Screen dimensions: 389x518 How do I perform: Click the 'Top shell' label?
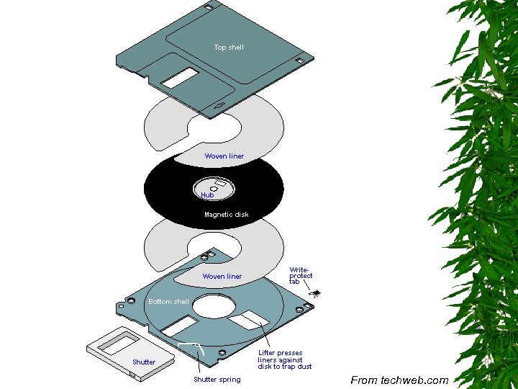(x=229, y=48)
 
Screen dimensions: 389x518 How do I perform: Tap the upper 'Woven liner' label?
(x=224, y=156)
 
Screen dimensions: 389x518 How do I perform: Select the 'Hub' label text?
(x=207, y=195)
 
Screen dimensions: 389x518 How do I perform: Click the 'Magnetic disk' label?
(x=226, y=215)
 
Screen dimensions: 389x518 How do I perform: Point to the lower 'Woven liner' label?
(x=222, y=277)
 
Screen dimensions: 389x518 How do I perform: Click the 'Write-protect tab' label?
(x=301, y=275)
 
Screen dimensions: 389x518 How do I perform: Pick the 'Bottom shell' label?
(x=168, y=302)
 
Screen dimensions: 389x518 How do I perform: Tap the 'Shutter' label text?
(x=144, y=362)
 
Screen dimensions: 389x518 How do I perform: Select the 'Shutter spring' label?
(x=217, y=380)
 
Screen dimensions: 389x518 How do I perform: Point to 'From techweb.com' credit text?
(x=399, y=380)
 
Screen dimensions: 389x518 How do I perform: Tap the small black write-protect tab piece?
(x=315, y=292)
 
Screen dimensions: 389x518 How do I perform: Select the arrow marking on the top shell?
(x=219, y=108)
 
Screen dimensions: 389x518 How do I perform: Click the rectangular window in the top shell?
(x=179, y=78)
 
